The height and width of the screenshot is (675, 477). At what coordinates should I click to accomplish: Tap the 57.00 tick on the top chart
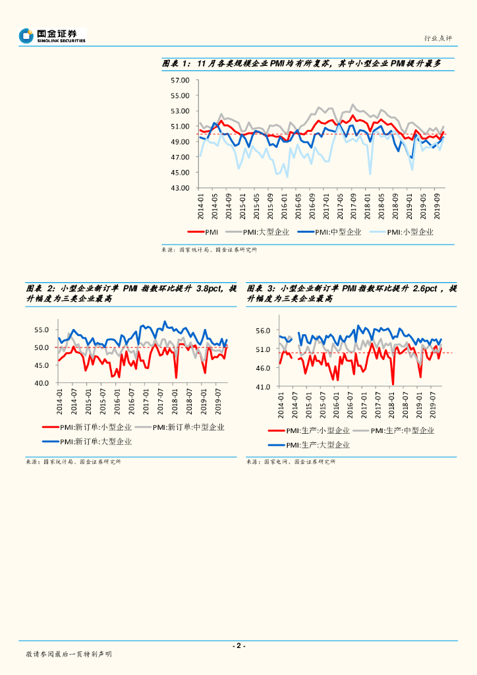click(x=180, y=80)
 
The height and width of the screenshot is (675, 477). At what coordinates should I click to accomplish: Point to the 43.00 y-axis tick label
click(x=180, y=188)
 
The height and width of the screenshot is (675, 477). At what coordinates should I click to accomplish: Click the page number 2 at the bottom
click(x=238, y=646)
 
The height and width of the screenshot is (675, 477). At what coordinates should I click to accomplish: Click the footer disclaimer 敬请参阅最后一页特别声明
click(x=69, y=654)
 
